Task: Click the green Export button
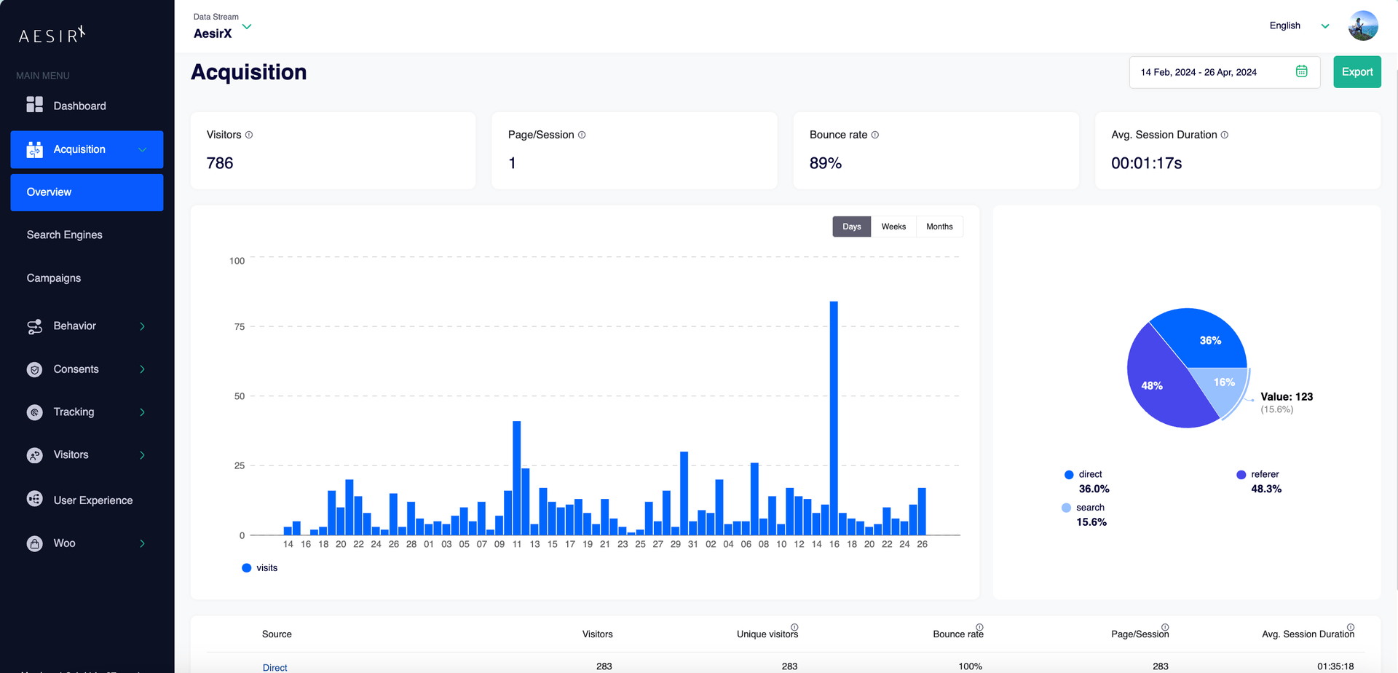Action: coord(1356,72)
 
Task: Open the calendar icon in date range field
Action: coord(1301,71)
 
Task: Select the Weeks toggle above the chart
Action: coord(893,227)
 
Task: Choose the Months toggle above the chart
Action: coord(939,227)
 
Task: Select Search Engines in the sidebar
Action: coord(65,235)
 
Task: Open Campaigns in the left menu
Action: coord(54,278)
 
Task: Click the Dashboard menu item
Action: coord(79,106)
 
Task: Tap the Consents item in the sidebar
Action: coord(76,369)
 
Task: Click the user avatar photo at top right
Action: coord(1362,25)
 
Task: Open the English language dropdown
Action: coord(1299,25)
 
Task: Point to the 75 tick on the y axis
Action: coord(240,327)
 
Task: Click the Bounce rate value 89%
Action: coord(826,163)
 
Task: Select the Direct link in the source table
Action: coord(275,667)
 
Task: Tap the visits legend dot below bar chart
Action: coord(247,568)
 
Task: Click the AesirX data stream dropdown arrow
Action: coord(247,27)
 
